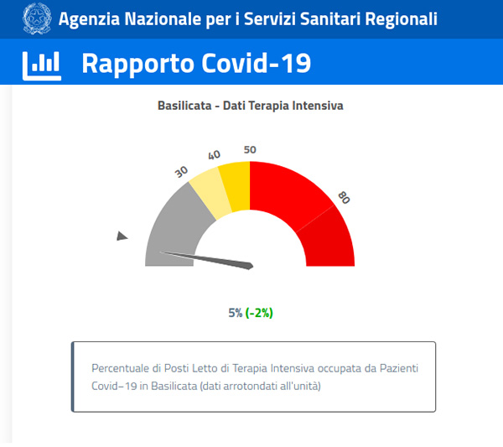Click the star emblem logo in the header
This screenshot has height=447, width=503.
click(x=36, y=18)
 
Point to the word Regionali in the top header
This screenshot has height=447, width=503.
click(x=397, y=18)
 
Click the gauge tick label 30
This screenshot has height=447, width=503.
click(x=181, y=170)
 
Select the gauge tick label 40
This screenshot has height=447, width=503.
click(x=214, y=155)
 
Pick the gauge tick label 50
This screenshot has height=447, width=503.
click(x=250, y=149)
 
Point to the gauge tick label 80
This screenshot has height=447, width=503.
click(x=343, y=197)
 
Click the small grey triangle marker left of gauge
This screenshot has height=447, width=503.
click(x=122, y=237)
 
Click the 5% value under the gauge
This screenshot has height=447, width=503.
click(x=236, y=313)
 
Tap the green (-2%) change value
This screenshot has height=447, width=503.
click(x=259, y=313)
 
